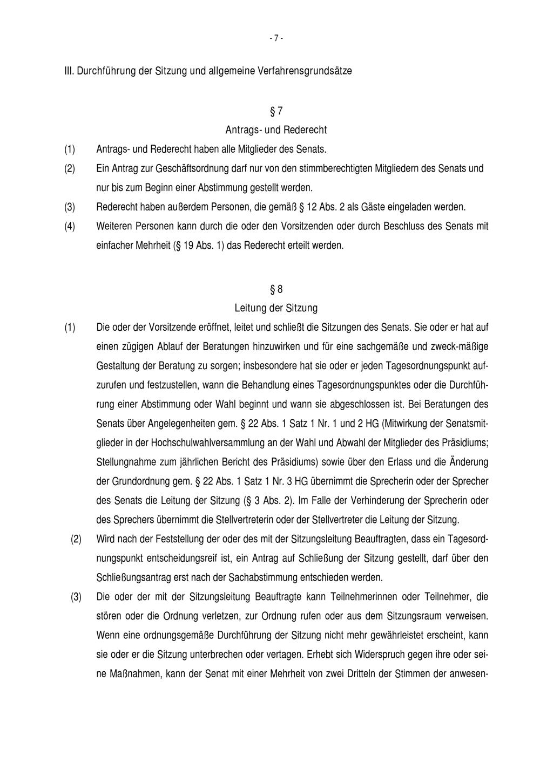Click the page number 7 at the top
click(276, 38)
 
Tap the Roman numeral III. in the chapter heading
click(69, 71)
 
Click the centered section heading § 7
click(276, 112)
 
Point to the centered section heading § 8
click(276, 290)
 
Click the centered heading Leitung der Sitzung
click(276, 308)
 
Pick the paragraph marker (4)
click(70, 227)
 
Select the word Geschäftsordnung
click(189, 168)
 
